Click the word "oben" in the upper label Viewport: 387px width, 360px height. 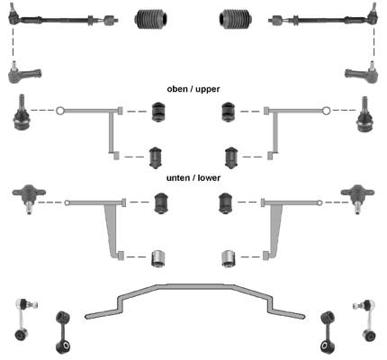pyautogui.click(x=177, y=89)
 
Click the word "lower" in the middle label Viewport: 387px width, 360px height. pyautogui.click(x=209, y=177)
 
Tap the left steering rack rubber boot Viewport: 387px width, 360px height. pyautogui.click(x=151, y=19)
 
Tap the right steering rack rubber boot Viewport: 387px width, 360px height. pyautogui.click(x=235, y=19)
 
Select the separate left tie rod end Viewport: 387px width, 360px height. pyautogui.click(x=24, y=73)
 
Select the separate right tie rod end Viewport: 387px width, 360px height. pyautogui.click(x=362, y=72)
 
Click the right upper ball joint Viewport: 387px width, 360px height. pyautogui.click(x=364, y=114)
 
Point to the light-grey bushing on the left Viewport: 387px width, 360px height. pyautogui.click(x=158, y=258)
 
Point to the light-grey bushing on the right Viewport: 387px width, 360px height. pyautogui.click(x=229, y=258)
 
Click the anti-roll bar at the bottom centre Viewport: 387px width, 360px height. pyautogui.click(x=194, y=287)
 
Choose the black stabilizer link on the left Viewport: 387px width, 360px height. pyautogui.click(x=63, y=332)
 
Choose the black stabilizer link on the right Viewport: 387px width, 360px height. pyautogui.click(x=328, y=332)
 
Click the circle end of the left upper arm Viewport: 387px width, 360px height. pyautogui.click(x=59, y=111)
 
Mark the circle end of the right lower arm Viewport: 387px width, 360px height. pyautogui.click(x=319, y=202)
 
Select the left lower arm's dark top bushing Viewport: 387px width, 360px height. pyautogui.click(x=161, y=202)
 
